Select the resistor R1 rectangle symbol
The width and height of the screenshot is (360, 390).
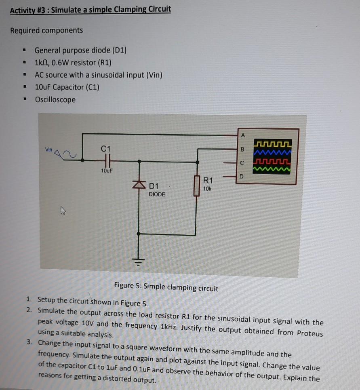[x=197, y=186]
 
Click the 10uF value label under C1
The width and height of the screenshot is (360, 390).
[x=107, y=171]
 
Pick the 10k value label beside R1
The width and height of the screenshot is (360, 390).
[x=207, y=189]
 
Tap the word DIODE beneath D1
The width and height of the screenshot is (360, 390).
[x=157, y=194]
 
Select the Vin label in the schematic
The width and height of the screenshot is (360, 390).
[x=49, y=150]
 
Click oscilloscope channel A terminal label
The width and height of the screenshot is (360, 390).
[x=242, y=135]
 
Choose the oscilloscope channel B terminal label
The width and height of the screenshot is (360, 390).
[x=242, y=150]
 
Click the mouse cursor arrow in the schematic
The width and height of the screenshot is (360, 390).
[x=63, y=210]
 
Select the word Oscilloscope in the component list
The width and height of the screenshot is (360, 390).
[x=55, y=99]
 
